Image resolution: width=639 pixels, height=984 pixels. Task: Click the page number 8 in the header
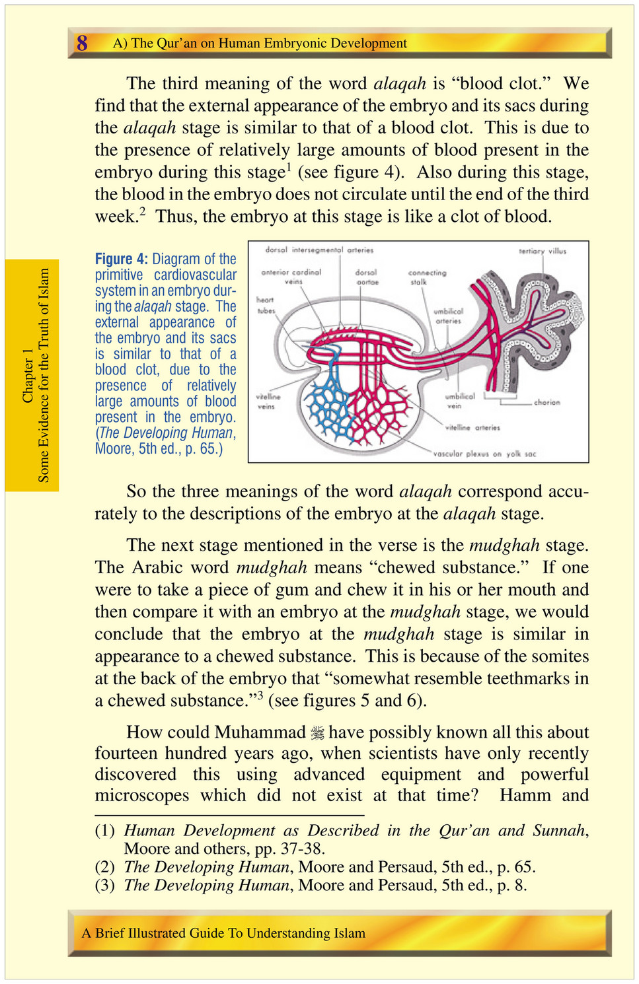point(82,44)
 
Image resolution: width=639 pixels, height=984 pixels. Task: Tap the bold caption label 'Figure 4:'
point(122,259)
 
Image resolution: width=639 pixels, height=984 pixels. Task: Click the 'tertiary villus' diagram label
point(543,251)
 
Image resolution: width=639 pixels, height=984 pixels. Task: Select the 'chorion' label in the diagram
point(546,402)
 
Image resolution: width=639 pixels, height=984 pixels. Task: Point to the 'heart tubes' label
point(266,305)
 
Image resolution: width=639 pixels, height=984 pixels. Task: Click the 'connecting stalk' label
point(427,277)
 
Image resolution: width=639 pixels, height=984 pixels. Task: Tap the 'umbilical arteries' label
point(448,316)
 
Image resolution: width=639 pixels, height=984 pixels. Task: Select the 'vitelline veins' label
point(268,402)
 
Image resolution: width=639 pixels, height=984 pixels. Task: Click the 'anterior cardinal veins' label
point(291,277)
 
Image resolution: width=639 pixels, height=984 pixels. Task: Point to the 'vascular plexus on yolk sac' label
point(484,454)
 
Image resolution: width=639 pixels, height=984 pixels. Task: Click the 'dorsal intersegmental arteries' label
point(319,250)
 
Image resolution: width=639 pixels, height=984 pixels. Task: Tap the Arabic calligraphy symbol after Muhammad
point(318,732)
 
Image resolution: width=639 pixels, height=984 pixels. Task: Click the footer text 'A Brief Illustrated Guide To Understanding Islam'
point(223,933)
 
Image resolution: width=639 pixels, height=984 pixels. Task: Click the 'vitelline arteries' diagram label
point(472,428)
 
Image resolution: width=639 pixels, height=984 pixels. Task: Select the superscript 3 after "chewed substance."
point(260,694)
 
